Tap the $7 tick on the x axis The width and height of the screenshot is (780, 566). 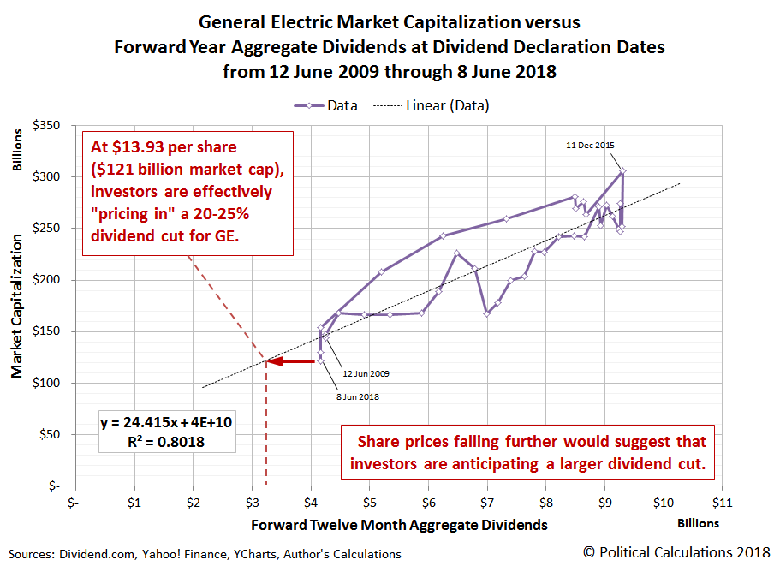(486, 502)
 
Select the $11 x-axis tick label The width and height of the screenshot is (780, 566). (721, 502)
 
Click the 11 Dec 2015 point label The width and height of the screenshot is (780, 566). (591, 145)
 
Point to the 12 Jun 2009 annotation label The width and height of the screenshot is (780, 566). (365, 373)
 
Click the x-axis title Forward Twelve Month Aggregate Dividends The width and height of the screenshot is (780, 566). (399, 523)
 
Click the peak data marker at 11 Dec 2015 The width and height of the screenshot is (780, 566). (623, 171)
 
